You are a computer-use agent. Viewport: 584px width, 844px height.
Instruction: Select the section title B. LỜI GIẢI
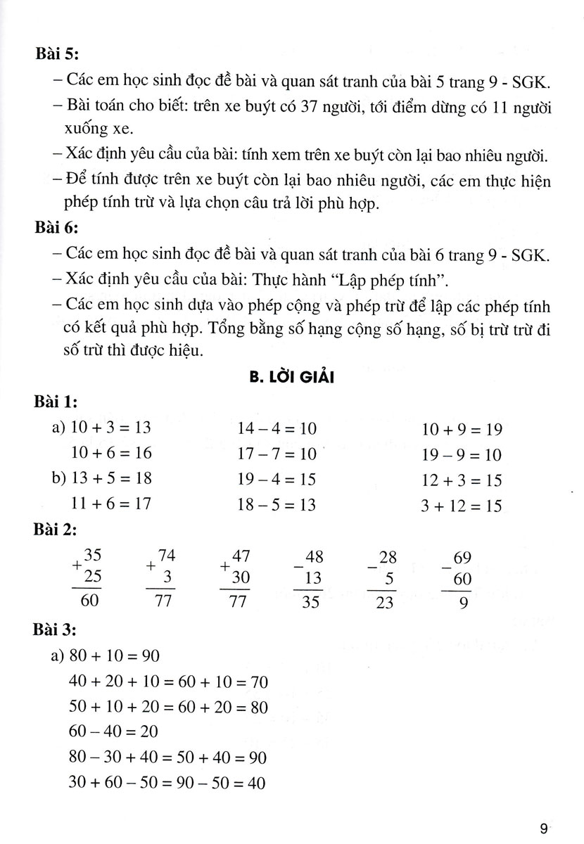pyautogui.click(x=291, y=378)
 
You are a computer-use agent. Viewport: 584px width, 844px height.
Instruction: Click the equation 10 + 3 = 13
pyautogui.click(x=110, y=428)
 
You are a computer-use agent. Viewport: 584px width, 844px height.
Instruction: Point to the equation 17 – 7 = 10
pyautogui.click(x=275, y=454)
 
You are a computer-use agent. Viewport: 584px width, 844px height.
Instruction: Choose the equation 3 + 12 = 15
pyautogui.click(x=462, y=505)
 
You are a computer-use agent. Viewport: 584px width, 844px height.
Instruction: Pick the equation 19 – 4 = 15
pyautogui.click(x=275, y=479)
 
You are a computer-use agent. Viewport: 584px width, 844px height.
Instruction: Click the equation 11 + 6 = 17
pyautogui.click(x=110, y=504)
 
